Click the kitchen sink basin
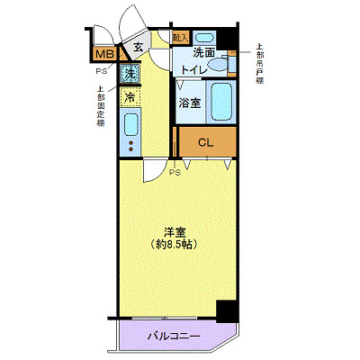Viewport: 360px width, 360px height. tap(130, 123)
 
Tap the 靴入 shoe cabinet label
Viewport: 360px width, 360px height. tap(180, 38)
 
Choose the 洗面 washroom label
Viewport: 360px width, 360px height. tap(204, 53)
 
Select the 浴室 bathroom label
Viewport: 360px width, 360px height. tap(189, 103)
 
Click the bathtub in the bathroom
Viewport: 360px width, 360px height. tap(220, 102)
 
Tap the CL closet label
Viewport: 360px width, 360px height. tap(206, 142)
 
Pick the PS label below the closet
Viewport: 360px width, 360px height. tap(175, 172)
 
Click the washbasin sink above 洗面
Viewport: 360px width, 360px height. tap(205, 39)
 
